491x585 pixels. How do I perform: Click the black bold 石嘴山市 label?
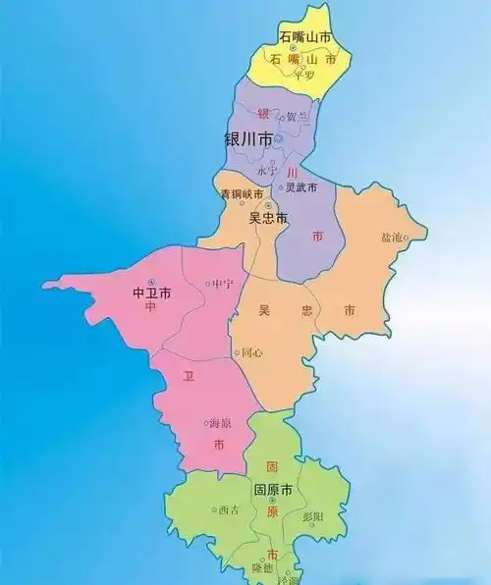tap(303, 37)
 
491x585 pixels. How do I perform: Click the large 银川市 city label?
tap(248, 139)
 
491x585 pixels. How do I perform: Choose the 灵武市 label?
tap(300, 187)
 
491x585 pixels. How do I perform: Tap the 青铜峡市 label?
tap(242, 192)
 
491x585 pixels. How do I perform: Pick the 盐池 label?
tap(391, 238)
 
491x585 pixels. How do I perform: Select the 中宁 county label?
tap(223, 284)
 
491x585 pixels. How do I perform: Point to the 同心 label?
tap(251, 351)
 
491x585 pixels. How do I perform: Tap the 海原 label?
tap(219, 423)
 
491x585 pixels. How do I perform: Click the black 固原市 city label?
tap(273, 489)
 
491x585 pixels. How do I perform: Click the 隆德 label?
tap(262, 568)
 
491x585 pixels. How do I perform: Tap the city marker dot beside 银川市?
tap(278, 139)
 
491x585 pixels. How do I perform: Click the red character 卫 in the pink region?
tap(186, 375)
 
